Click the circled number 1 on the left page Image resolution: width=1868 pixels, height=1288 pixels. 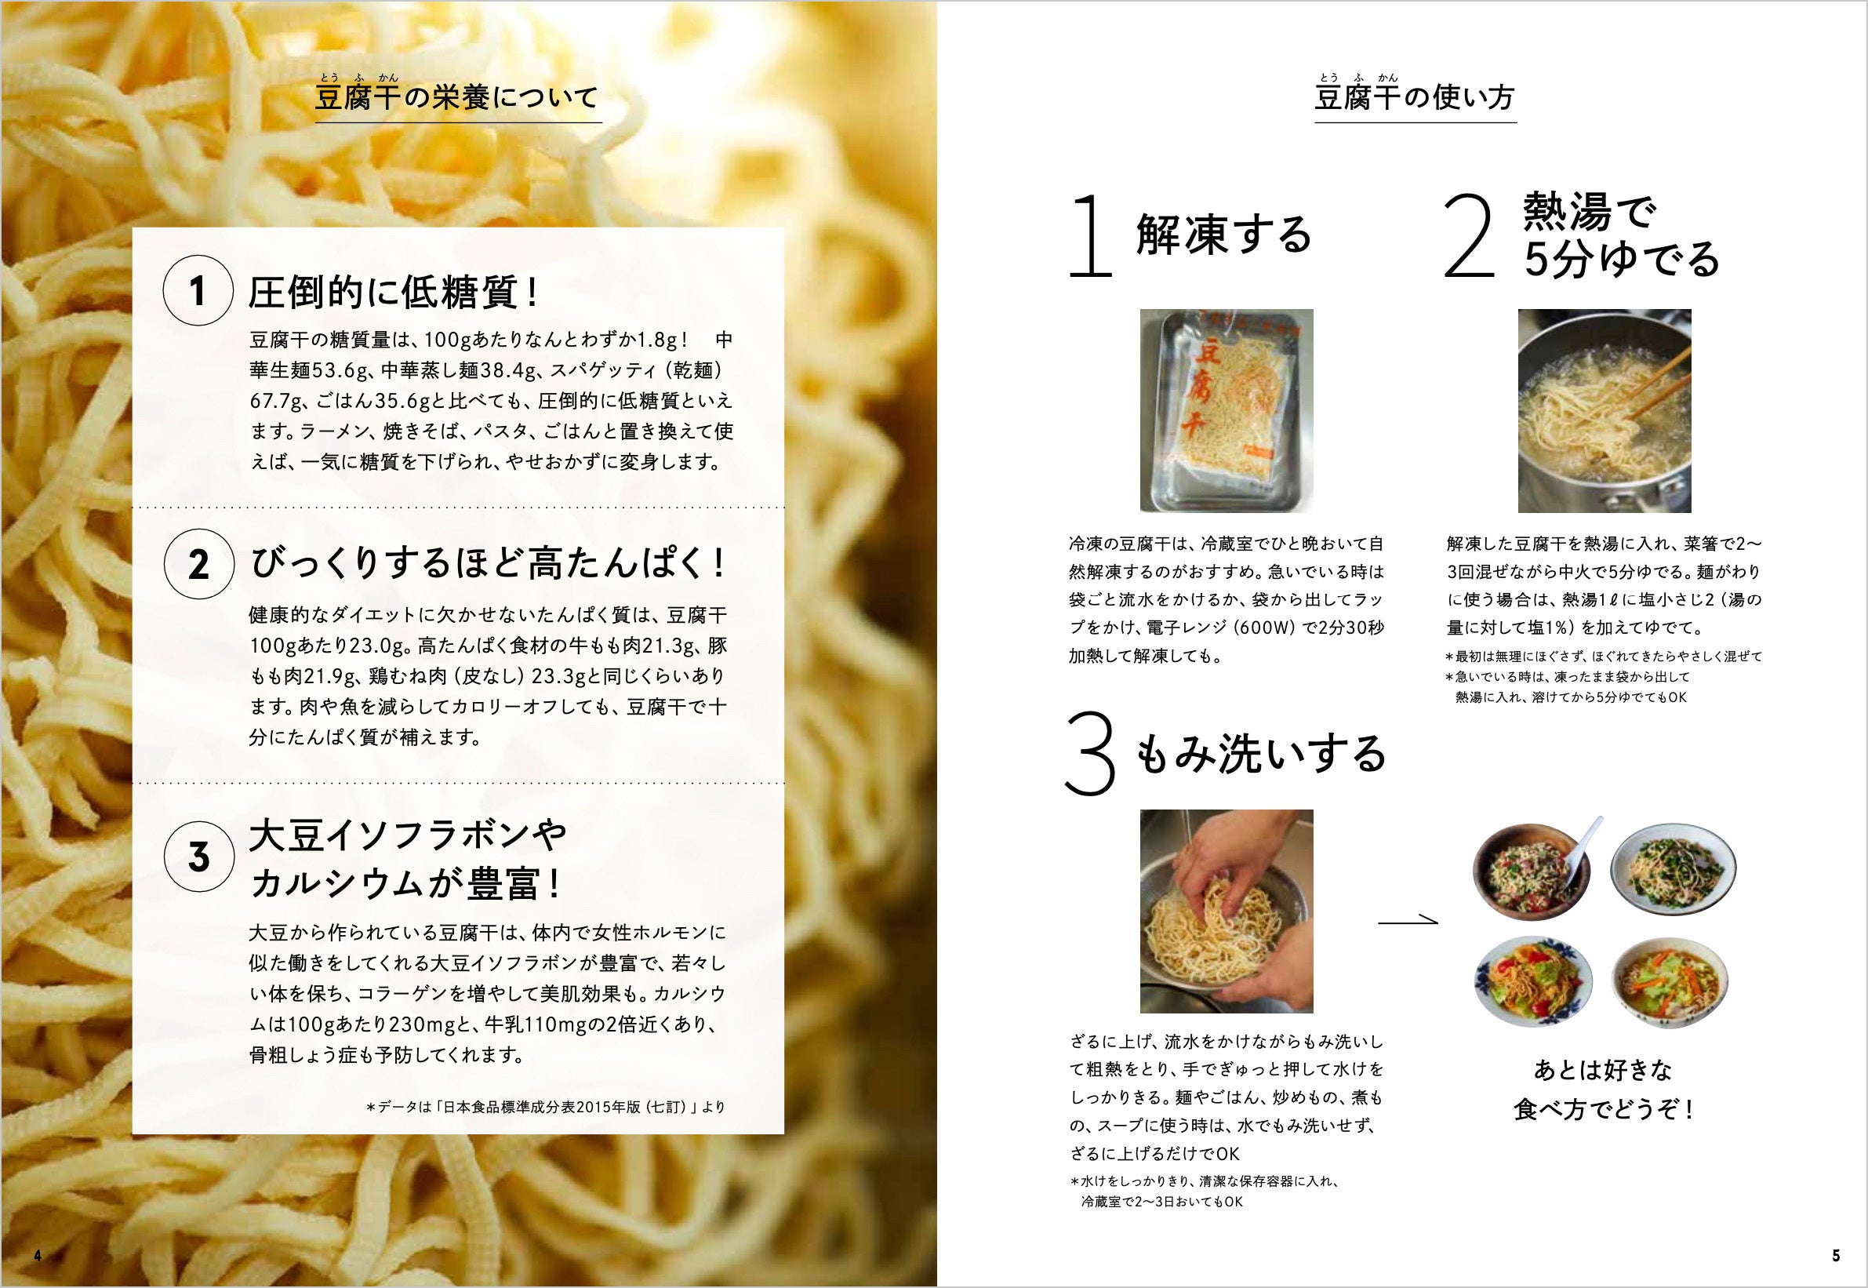click(198, 292)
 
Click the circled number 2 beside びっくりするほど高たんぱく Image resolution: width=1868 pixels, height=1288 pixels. click(198, 565)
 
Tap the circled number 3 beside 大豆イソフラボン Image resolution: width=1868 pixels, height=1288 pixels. click(198, 857)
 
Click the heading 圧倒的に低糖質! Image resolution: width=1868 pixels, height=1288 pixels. click(394, 293)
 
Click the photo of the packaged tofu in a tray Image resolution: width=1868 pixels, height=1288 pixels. click(1227, 410)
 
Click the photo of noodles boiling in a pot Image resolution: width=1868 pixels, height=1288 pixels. click(1605, 410)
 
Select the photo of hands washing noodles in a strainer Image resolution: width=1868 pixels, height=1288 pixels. click(1227, 911)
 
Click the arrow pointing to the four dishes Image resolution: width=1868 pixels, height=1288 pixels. click(1407, 919)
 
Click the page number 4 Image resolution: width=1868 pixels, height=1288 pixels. click(37, 1255)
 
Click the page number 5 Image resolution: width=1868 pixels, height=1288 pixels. click(1836, 1255)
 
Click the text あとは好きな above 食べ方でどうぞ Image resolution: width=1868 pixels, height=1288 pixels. click(1602, 1071)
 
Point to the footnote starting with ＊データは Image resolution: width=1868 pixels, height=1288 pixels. click(546, 1108)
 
